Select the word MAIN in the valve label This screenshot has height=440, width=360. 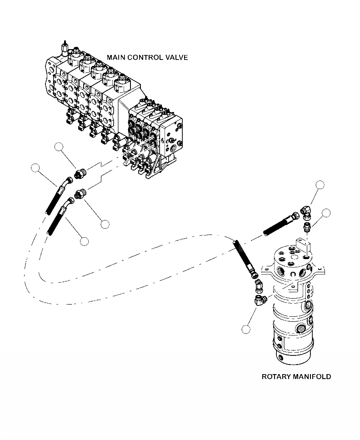(116, 57)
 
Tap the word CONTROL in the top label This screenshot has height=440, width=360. (145, 57)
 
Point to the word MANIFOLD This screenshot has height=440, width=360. (314, 377)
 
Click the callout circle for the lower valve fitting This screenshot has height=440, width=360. (105, 224)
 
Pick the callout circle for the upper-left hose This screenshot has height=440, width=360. (35, 168)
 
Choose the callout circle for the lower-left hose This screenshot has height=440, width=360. (84, 241)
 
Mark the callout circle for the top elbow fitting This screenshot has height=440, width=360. (320, 185)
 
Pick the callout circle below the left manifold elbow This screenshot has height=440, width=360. (247, 330)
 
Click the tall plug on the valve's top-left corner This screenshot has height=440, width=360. (63, 47)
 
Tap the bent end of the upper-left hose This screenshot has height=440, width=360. (68, 182)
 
